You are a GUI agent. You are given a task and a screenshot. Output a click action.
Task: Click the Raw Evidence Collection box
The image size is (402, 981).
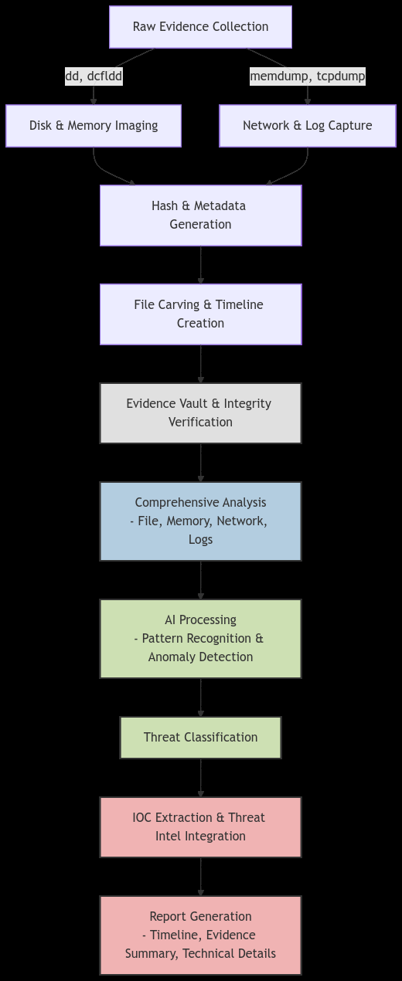coord(200,27)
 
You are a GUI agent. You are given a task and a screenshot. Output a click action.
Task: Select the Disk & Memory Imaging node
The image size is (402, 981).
coord(94,126)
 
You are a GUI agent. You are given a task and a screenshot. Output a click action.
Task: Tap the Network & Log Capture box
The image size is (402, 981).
coord(308,126)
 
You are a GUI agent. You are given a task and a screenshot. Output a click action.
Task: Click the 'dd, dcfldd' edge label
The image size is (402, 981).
coord(94,76)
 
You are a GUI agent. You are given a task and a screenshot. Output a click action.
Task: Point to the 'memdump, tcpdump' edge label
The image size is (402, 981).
coord(308,76)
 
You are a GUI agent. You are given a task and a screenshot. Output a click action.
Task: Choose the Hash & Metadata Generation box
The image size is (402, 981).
coord(201,216)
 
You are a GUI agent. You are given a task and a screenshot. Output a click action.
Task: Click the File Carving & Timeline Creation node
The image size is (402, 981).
coord(201,314)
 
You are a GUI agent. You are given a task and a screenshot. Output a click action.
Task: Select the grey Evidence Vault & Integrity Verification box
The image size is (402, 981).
coord(201,413)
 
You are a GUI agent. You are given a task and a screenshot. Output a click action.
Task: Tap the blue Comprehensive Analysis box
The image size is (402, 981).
coord(201,521)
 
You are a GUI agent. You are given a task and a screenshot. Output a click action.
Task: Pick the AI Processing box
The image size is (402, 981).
coord(201,639)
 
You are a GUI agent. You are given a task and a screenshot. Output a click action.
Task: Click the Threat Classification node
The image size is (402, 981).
coord(201,738)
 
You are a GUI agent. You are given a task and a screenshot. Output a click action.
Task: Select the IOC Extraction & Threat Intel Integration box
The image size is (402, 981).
coord(201,827)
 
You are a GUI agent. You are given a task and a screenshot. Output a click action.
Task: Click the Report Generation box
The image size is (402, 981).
coord(201,935)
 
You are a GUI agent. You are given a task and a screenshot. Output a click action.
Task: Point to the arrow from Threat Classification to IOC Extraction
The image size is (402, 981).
coord(201,778)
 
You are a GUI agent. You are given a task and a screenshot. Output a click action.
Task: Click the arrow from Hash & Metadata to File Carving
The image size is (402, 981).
coord(201,265)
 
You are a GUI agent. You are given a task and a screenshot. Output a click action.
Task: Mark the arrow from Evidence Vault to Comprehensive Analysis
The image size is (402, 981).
coord(201,463)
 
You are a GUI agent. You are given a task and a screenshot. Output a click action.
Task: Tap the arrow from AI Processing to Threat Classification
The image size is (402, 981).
coord(201,698)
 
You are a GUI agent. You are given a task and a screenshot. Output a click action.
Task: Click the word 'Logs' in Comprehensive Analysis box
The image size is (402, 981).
coord(201,539)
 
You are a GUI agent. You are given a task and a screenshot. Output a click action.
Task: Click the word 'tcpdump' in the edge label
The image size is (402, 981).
coord(341,76)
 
